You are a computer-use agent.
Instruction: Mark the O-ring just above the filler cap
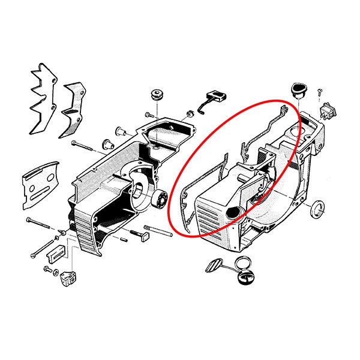coord(242,263)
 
